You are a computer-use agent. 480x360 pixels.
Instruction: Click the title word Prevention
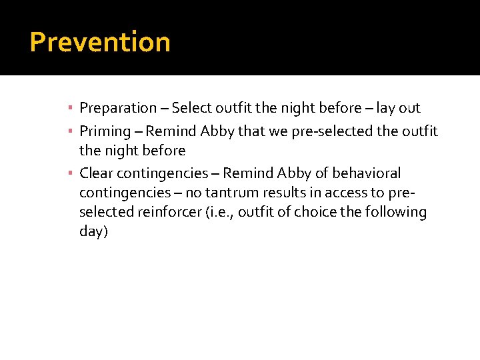[x=100, y=42]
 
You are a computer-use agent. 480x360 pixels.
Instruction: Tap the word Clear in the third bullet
[x=96, y=173]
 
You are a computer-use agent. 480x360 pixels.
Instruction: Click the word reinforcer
[x=173, y=212]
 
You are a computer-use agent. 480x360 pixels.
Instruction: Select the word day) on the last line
[x=93, y=231]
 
